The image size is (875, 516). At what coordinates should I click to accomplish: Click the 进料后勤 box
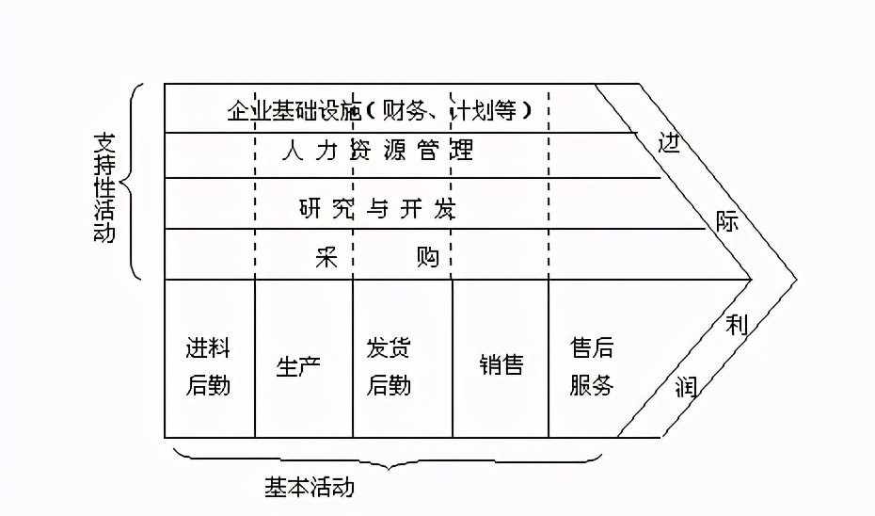pos(209,366)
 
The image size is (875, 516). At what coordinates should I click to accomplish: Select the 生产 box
pos(299,366)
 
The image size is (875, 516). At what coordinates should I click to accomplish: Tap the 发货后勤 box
pos(389,366)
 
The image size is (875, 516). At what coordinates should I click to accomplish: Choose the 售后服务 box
pos(592,366)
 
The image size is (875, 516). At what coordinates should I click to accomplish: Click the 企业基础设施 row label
pos(294,111)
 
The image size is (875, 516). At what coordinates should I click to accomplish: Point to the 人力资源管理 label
pos(377,151)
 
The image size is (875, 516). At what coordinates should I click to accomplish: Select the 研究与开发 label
pos(376,208)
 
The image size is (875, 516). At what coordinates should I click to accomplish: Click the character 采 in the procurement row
pos(326,257)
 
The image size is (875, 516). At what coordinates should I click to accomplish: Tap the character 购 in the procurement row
pos(427,257)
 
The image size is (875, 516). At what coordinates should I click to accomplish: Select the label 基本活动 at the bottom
pos(310,487)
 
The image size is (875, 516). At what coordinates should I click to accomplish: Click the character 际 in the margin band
pos(726,222)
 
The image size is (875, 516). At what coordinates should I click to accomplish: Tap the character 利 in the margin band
pos(737,326)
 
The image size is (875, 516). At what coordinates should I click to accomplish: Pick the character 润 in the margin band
pos(688,385)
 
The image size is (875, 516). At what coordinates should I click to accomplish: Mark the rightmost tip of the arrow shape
pos(796,279)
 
